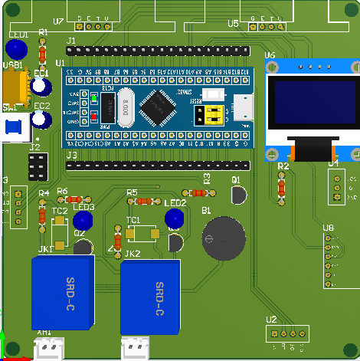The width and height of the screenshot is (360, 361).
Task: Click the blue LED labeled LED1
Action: point(19,50)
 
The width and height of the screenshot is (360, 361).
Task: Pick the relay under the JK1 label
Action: point(62,292)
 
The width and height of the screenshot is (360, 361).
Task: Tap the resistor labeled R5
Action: point(140,202)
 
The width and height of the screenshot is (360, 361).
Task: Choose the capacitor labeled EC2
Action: point(41,120)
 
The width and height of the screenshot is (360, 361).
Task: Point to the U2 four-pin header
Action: point(287,333)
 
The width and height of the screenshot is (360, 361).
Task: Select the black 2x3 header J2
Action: point(37,164)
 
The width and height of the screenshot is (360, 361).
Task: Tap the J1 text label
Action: point(71,40)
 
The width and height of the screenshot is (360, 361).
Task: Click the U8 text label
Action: point(328,228)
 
